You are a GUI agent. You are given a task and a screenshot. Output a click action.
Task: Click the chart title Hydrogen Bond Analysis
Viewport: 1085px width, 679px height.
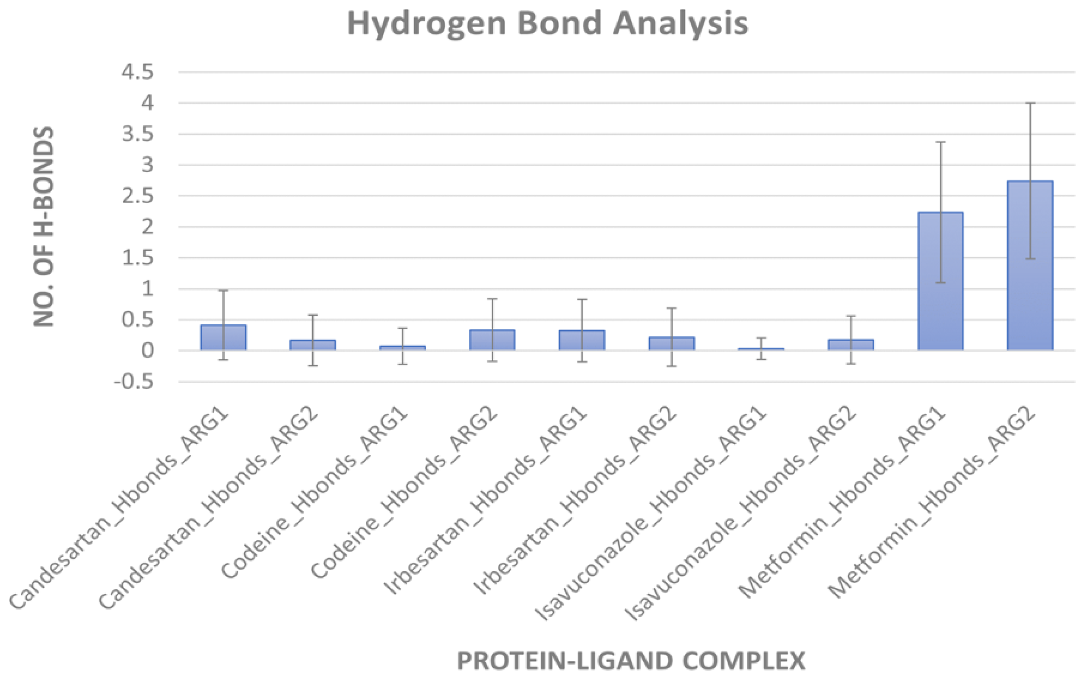548,23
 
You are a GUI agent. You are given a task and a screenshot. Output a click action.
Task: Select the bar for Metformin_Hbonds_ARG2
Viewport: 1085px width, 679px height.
1030,265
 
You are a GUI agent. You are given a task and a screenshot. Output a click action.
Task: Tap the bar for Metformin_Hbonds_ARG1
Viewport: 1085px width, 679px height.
940,281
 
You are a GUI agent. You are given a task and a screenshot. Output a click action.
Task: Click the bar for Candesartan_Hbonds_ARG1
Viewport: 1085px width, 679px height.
223,338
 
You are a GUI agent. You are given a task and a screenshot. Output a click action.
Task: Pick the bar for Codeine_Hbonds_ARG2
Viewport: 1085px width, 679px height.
492,340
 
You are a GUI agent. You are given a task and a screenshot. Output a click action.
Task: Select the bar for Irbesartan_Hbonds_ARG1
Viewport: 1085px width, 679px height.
582,340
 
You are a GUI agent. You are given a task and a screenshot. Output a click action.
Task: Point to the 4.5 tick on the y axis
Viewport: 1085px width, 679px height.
138,72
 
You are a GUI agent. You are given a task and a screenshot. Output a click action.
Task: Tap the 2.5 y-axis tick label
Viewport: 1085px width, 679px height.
138,196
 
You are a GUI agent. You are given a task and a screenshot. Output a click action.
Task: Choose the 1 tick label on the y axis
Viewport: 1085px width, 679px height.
147,289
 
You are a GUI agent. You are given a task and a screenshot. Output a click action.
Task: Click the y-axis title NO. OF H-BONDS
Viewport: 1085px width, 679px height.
44,226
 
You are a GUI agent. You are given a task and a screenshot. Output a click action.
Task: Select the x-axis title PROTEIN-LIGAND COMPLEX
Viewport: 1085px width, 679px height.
630,660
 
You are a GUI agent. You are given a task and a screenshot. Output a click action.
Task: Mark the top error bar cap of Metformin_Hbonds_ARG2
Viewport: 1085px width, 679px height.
1030,103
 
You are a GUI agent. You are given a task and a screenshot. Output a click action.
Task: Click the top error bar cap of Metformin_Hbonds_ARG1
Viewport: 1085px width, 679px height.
940,142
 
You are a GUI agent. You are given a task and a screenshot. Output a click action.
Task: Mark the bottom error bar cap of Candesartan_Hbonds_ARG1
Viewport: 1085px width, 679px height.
223,359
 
